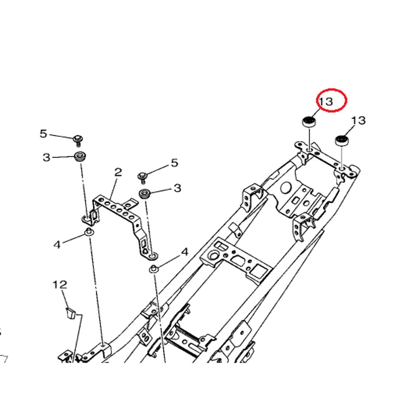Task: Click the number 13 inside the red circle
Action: pyautogui.click(x=326, y=101)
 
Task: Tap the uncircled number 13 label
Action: pyautogui.click(x=358, y=120)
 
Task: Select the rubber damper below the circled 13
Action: pyautogui.click(x=309, y=122)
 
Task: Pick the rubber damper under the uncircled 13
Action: pyautogui.click(x=342, y=140)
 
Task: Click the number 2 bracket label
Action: pyautogui.click(x=118, y=172)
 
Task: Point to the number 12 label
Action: pyautogui.click(x=60, y=285)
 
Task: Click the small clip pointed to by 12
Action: pyautogui.click(x=70, y=313)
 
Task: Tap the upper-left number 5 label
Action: pyautogui.click(x=43, y=134)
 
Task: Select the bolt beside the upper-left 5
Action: pyautogui.click(x=78, y=140)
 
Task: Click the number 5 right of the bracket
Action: pyautogui.click(x=174, y=163)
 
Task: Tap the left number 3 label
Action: pyautogui.click(x=46, y=157)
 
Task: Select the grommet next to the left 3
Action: pyautogui.click(x=80, y=157)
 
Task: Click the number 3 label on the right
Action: pyautogui.click(x=178, y=188)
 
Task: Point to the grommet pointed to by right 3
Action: pyautogui.click(x=145, y=194)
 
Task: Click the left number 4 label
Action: pyautogui.click(x=57, y=244)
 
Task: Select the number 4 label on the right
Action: pyautogui.click(x=185, y=252)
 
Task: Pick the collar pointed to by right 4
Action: pyautogui.click(x=154, y=269)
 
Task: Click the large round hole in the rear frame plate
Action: pyautogui.click(x=286, y=188)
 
